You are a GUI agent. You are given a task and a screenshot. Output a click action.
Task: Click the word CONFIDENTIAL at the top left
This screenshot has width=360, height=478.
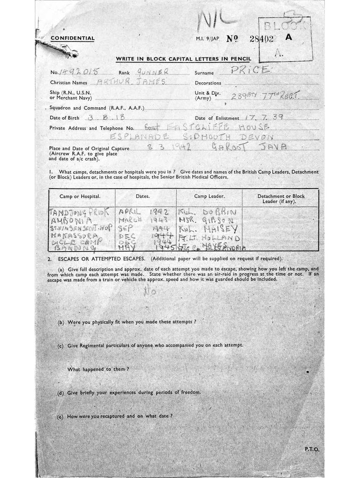(72, 38)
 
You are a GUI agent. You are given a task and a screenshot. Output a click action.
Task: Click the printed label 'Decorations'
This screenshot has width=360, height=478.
(208, 83)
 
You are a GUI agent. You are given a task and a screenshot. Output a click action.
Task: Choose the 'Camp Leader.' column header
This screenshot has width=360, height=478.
(209, 197)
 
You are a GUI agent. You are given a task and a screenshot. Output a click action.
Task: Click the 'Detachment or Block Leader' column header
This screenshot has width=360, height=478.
(281, 199)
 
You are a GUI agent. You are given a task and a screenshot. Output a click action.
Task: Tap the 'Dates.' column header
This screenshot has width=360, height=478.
(142, 197)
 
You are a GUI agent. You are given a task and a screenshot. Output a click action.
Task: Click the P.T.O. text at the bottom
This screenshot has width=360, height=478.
(312, 449)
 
